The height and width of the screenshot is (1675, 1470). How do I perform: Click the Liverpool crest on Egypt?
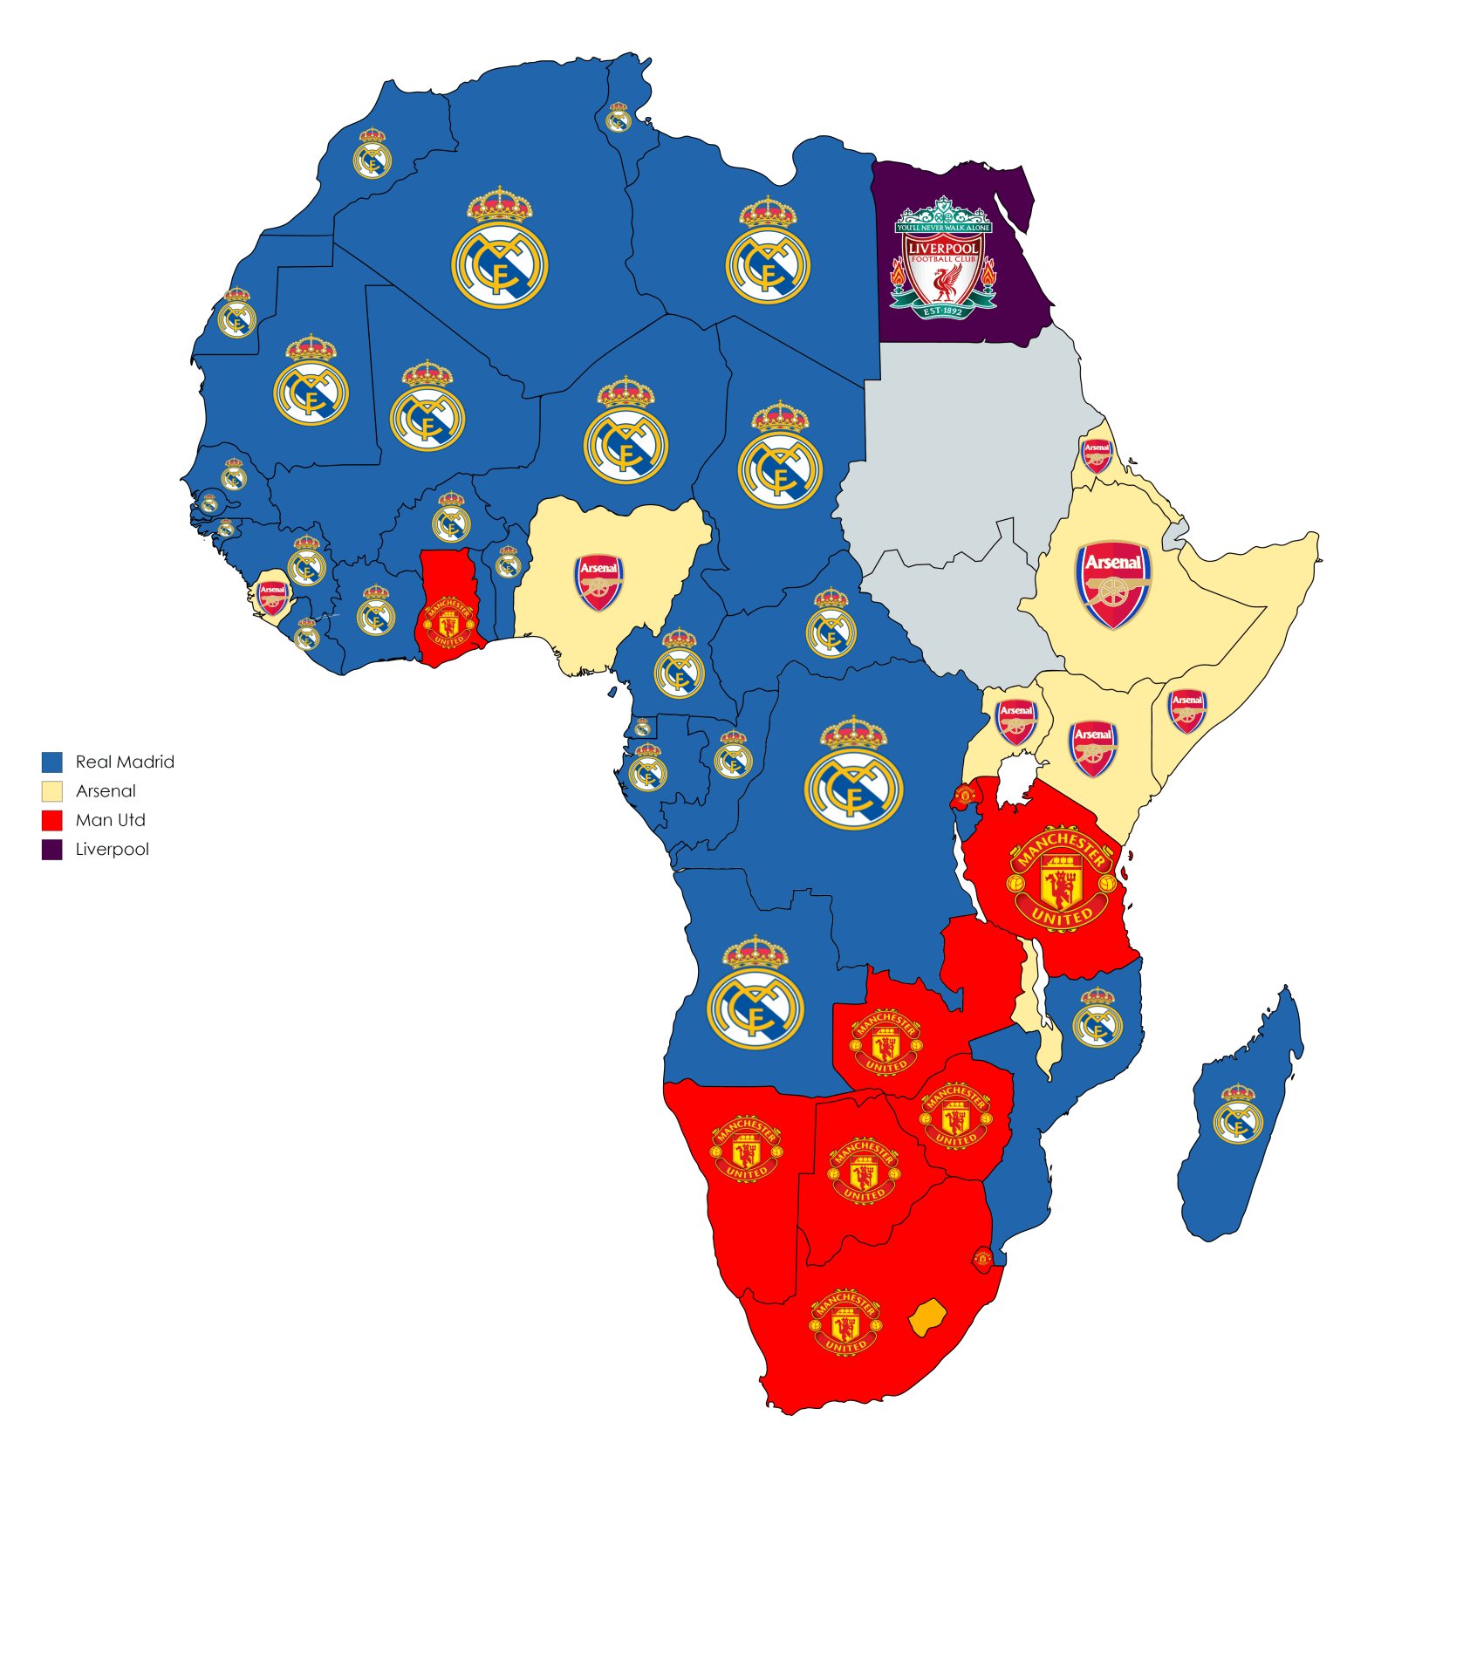942,258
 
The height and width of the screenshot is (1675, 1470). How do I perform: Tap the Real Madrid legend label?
125,762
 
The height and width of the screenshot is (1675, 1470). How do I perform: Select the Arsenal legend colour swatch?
52,791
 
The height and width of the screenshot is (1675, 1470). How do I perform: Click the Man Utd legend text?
110,820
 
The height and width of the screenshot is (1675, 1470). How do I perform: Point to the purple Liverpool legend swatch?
52,850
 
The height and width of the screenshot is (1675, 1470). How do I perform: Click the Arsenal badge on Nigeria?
598,582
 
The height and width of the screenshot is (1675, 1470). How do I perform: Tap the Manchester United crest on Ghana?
448,622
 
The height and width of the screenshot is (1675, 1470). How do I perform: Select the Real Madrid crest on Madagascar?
1237,1115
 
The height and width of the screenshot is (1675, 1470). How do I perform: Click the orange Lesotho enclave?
927,1316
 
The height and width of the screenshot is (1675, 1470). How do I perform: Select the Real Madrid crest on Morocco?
372,154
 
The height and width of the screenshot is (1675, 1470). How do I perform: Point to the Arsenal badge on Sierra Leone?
273,598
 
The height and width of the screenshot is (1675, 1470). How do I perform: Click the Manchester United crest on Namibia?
746,1149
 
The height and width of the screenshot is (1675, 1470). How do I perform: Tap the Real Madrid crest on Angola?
756,995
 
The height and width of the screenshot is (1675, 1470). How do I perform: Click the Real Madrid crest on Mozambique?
1097,1018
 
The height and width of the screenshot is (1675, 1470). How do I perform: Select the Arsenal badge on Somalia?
1186,710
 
